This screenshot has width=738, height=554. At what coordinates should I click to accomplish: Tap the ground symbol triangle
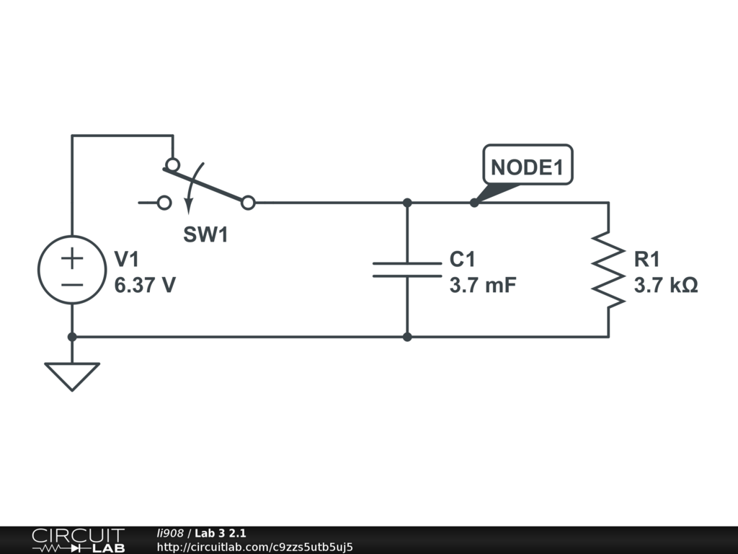coord(72,374)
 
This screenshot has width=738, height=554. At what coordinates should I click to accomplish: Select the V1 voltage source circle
coord(72,270)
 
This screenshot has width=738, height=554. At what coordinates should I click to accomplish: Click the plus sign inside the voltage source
coord(72,258)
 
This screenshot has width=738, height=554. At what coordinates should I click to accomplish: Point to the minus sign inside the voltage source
coord(72,283)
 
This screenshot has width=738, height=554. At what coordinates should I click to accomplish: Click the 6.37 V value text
coord(145,286)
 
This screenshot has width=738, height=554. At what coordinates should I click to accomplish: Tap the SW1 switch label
coord(205,234)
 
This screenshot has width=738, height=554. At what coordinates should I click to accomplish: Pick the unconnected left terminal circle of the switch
coord(164,203)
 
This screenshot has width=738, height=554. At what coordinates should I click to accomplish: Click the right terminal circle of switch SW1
coord(248,203)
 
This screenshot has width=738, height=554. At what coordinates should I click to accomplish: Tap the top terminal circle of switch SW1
coord(173,164)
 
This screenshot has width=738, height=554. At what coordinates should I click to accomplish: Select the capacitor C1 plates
coord(407,269)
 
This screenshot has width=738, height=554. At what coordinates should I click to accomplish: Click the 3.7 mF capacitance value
coord(483,286)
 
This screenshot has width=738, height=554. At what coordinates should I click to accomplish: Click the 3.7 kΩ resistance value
coord(666,286)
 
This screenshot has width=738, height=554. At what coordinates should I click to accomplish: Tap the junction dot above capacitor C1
coord(407,203)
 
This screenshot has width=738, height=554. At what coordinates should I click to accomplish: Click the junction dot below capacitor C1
coord(407,337)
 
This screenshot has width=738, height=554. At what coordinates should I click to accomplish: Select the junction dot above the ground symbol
coord(72,337)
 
